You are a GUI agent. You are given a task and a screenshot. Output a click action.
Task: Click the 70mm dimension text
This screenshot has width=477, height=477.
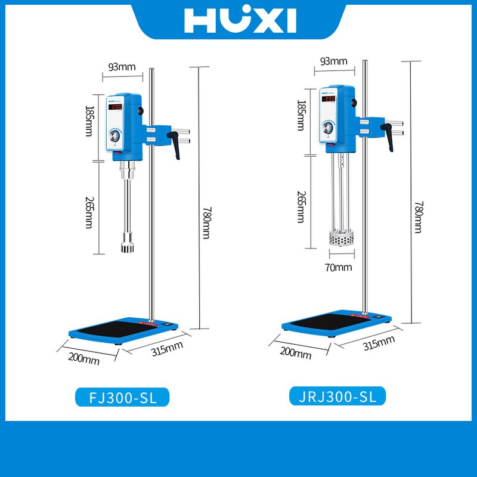(338, 267)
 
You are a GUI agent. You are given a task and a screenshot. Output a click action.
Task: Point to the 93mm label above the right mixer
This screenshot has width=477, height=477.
(334, 61)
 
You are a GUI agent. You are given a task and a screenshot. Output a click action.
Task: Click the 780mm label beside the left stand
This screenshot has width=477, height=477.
(206, 215)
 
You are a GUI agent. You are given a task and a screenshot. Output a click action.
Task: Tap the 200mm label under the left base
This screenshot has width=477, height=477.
(84, 358)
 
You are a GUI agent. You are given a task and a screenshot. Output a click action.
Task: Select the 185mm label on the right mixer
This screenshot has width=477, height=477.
(301, 116)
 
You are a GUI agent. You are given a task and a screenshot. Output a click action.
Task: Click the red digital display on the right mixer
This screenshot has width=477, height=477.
(329, 98)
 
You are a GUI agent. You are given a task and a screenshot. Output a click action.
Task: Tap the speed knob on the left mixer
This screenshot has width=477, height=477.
(114, 138)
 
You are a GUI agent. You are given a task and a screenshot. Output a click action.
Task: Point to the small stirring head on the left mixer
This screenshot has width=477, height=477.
(126, 246)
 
